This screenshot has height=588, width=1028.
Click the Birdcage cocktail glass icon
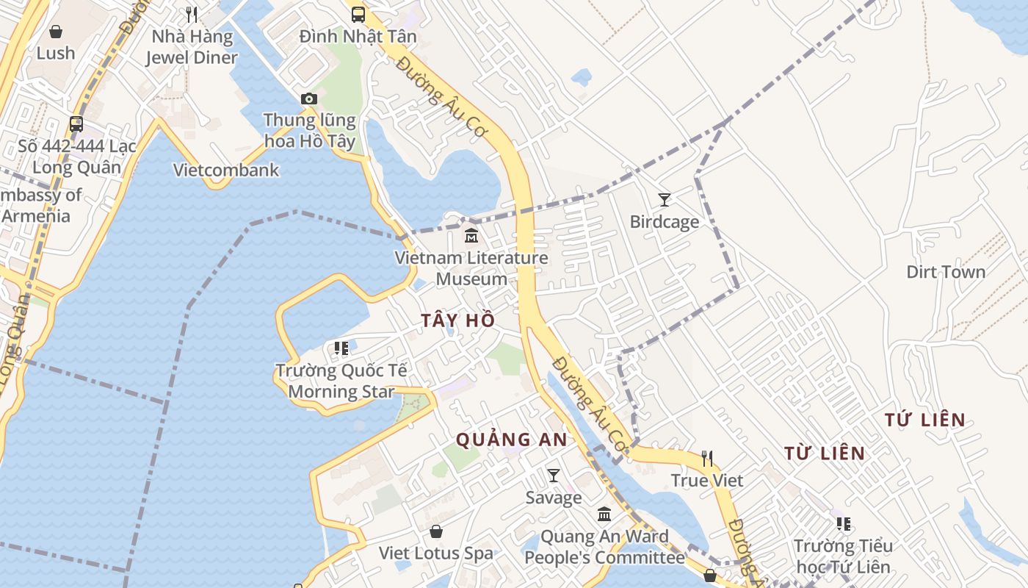tap(665, 199)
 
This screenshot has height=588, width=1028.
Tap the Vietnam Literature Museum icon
tap(471, 236)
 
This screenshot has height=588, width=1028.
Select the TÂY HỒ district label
tap(458, 320)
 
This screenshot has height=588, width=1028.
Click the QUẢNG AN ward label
tap(512, 440)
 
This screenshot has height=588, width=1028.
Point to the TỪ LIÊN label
tap(825, 453)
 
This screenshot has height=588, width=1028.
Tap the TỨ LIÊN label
tap(924, 420)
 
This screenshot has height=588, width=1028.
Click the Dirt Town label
tap(946, 272)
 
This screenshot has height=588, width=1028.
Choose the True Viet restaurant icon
tap(707, 459)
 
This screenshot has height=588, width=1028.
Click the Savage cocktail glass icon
tap(554, 476)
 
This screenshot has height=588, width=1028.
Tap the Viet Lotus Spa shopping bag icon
tap(436, 531)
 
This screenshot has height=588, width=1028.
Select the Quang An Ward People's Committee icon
tap(604, 514)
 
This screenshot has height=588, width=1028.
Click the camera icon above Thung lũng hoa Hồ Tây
tap(309, 98)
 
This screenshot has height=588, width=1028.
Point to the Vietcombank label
tap(226, 170)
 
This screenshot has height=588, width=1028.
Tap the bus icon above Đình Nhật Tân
tap(358, 14)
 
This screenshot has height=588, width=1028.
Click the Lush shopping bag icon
tap(56, 31)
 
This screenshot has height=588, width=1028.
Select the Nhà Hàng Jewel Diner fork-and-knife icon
tap(192, 14)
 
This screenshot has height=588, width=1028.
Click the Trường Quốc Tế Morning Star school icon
tap(341, 348)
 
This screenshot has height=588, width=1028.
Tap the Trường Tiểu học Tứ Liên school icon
tap(844, 524)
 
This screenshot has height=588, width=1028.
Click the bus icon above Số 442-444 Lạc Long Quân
tap(76, 123)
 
